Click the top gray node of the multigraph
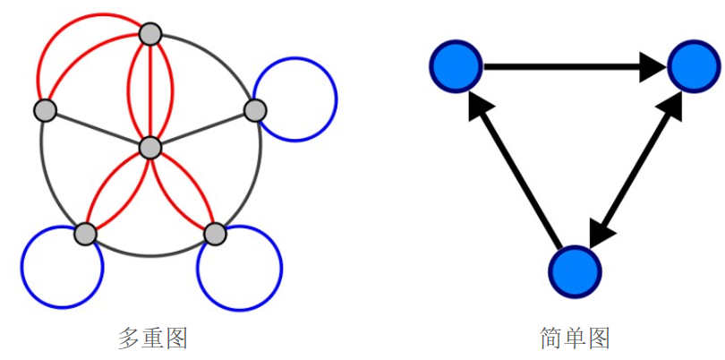coord(150,34)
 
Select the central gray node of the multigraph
coord(150,148)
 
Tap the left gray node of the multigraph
coord(46,110)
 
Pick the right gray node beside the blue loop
coord(255,110)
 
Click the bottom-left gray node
coord(86,234)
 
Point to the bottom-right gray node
coord(215,234)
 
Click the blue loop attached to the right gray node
coord(337,99)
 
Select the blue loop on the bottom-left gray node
coord(21,267)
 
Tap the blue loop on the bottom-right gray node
coord(281,268)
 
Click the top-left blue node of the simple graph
coord(456,66)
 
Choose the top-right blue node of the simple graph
coord(694,66)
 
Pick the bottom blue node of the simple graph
coord(576,272)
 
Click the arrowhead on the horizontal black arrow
coord(653,67)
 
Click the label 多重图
coord(152,339)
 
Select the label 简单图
coord(575,339)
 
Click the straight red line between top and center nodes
coord(150,91)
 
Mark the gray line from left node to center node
coord(98,129)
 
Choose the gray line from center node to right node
coord(202,130)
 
